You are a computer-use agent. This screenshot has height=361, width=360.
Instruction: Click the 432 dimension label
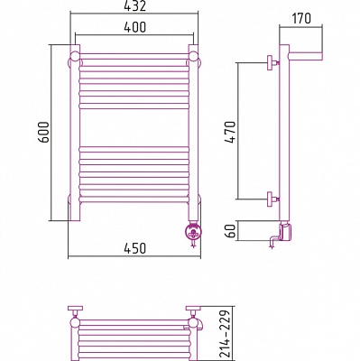134,5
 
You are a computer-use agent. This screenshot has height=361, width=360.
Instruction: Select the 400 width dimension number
134,27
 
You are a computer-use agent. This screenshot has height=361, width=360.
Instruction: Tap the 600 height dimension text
45,133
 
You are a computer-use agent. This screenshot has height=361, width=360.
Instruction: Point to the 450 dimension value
134,248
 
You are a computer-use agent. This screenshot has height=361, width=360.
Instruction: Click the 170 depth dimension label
301,18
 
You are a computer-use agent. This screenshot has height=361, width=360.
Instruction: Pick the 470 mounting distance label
231,132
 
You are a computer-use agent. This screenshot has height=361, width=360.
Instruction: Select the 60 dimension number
231,231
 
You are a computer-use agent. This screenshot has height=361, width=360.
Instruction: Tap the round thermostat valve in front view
192,233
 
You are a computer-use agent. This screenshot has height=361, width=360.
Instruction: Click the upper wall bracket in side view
273,62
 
